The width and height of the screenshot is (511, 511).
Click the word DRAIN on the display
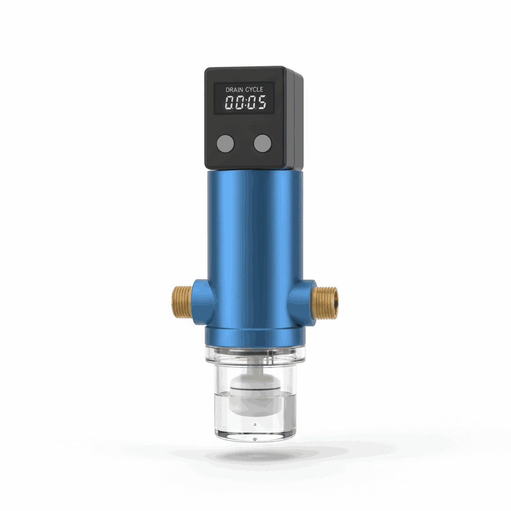(235, 90)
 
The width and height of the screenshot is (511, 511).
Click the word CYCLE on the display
(254, 89)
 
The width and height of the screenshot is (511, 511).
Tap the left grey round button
(226, 143)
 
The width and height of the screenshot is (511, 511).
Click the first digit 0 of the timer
(230, 102)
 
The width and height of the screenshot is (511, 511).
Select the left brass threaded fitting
(182, 301)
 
